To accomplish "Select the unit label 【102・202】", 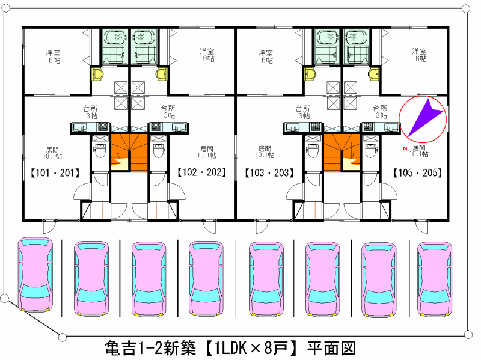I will (x=201, y=172).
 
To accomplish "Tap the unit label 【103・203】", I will (x=269, y=172).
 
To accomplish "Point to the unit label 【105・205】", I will (x=418, y=172).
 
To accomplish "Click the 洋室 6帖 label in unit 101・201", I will (x=53, y=56).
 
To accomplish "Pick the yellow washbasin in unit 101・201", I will (x=97, y=75).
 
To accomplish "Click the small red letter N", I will (x=406, y=148).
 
